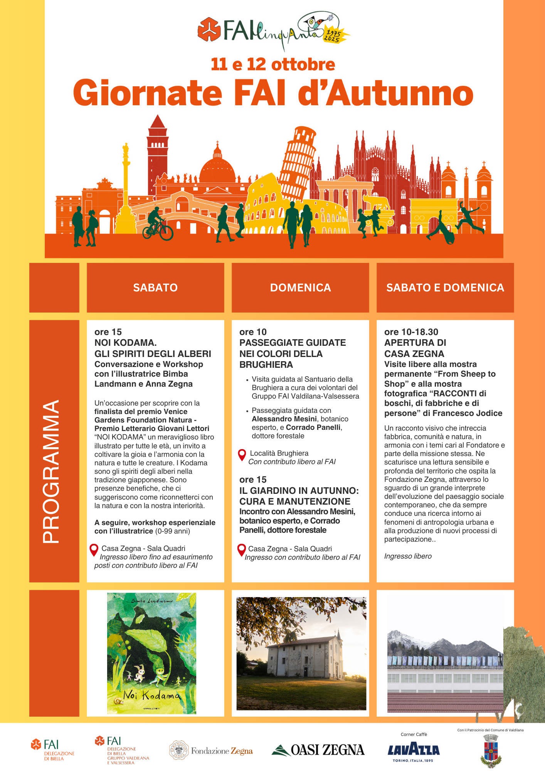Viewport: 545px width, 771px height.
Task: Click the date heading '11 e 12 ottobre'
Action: pos(273,64)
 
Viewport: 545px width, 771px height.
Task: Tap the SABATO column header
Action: pos(155,288)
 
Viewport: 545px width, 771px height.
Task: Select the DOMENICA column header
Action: pos(300,288)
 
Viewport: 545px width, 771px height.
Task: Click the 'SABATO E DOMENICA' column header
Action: pos(445,288)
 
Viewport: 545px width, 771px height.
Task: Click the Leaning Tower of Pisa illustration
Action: pos(298,162)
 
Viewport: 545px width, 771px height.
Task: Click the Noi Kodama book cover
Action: pos(151,653)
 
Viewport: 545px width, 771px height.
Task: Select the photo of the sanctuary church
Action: pos(301,653)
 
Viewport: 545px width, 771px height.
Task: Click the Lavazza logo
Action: pos(414,750)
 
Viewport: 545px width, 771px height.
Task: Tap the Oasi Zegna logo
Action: pos(318,750)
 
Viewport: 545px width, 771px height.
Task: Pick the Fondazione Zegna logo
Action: pos(211,750)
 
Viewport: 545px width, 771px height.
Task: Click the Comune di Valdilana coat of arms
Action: pos(491,751)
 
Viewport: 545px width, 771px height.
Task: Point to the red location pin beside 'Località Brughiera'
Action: pos(242,455)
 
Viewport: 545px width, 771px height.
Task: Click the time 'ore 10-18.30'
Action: pos(411,332)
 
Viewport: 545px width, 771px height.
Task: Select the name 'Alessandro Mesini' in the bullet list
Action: pos(284,419)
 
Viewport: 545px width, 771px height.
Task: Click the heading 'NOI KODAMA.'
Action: pos(125,343)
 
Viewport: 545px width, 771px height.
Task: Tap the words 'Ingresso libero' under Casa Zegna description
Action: pos(408,556)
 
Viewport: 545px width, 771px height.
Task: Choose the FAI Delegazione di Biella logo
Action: pos(53,749)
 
